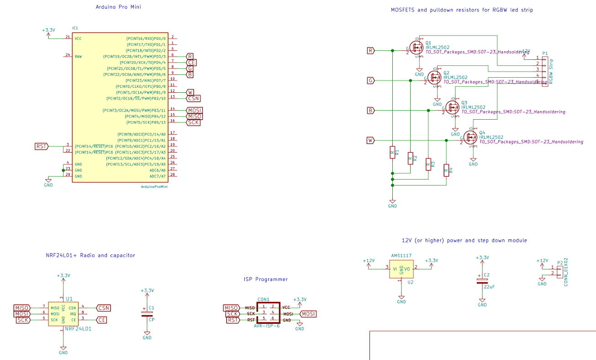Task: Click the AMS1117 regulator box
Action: (x=401, y=269)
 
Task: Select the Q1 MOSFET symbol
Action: (x=416, y=47)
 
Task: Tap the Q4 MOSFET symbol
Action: (x=470, y=137)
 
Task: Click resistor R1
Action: (x=392, y=152)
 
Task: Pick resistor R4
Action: (x=446, y=170)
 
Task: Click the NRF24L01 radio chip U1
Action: (x=63, y=314)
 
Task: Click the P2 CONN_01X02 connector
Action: (x=559, y=270)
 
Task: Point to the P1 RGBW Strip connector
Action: (x=545, y=69)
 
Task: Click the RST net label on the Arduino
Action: (x=42, y=146)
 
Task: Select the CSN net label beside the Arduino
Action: (x=193, y=98)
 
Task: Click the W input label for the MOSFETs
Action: (x=370, y=140)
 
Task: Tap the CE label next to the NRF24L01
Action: (x=101, y=320)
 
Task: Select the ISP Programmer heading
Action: (x=266, y=279)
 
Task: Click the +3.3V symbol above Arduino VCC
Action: (x=48, y=32)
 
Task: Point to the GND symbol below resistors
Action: (x=392, y=203)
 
